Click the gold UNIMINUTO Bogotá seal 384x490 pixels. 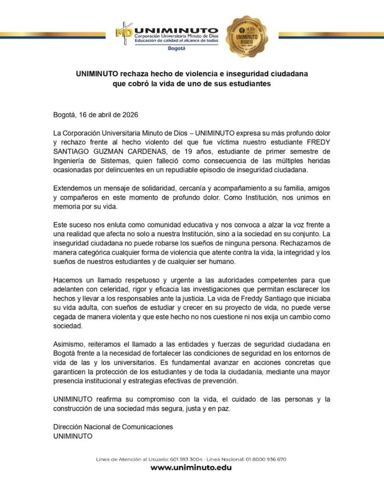[247, 37]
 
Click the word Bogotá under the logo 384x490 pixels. [177, 49]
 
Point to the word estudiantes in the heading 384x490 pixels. [247, 83]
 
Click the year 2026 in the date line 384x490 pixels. [130, 115]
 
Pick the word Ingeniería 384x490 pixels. [69, 161]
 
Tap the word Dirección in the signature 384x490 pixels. [68, 427]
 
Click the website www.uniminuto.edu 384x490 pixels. [191, 468]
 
